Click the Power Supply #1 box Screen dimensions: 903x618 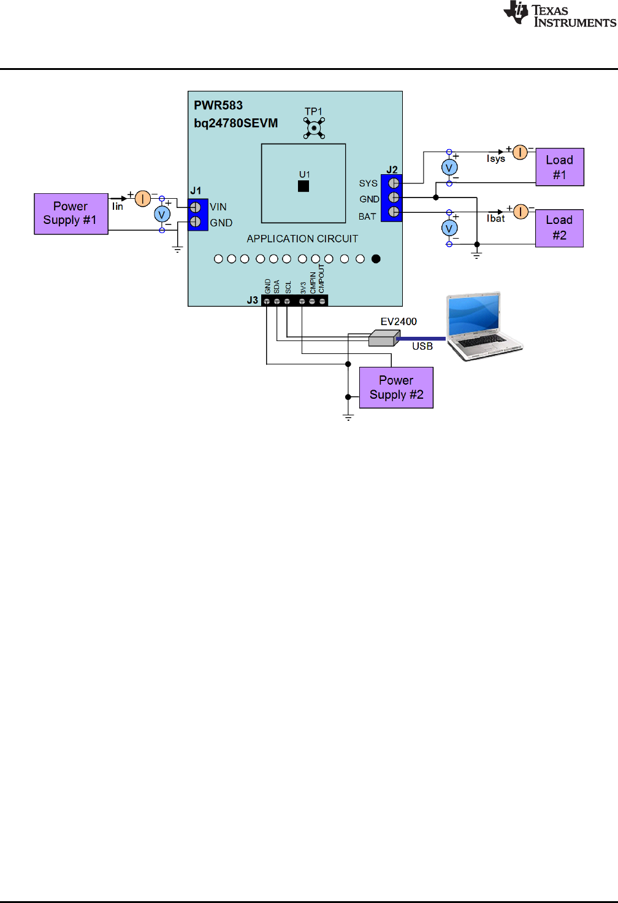click(x=71, y=213)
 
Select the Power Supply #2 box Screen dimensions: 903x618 click(x=396, y=388)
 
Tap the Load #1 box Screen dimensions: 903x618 click(x=559, y=167)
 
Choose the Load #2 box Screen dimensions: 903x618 click(x=559, y=228)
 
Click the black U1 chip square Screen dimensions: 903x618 click(x=303, y=186)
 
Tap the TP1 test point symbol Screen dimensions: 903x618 click(x=314, y=128)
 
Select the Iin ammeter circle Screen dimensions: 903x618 click(x=142, y=198)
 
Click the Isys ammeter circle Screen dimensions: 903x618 click(x=520, y=152)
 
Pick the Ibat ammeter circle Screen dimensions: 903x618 click(x=521, y=212)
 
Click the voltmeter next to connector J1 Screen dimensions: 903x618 click(x=162, y=214)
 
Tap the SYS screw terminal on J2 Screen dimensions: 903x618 click(x=394, y=183)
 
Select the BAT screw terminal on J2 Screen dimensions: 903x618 click(x=394, y=212)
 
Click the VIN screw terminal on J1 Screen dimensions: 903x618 click(x=196, y=207)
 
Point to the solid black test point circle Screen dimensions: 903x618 click(x=376, y=259)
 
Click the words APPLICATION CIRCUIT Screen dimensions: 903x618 click(x=302, y=239)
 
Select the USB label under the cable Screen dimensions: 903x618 click(x=422, y=346)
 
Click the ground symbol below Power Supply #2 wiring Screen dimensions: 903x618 click(x=348, y=417)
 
